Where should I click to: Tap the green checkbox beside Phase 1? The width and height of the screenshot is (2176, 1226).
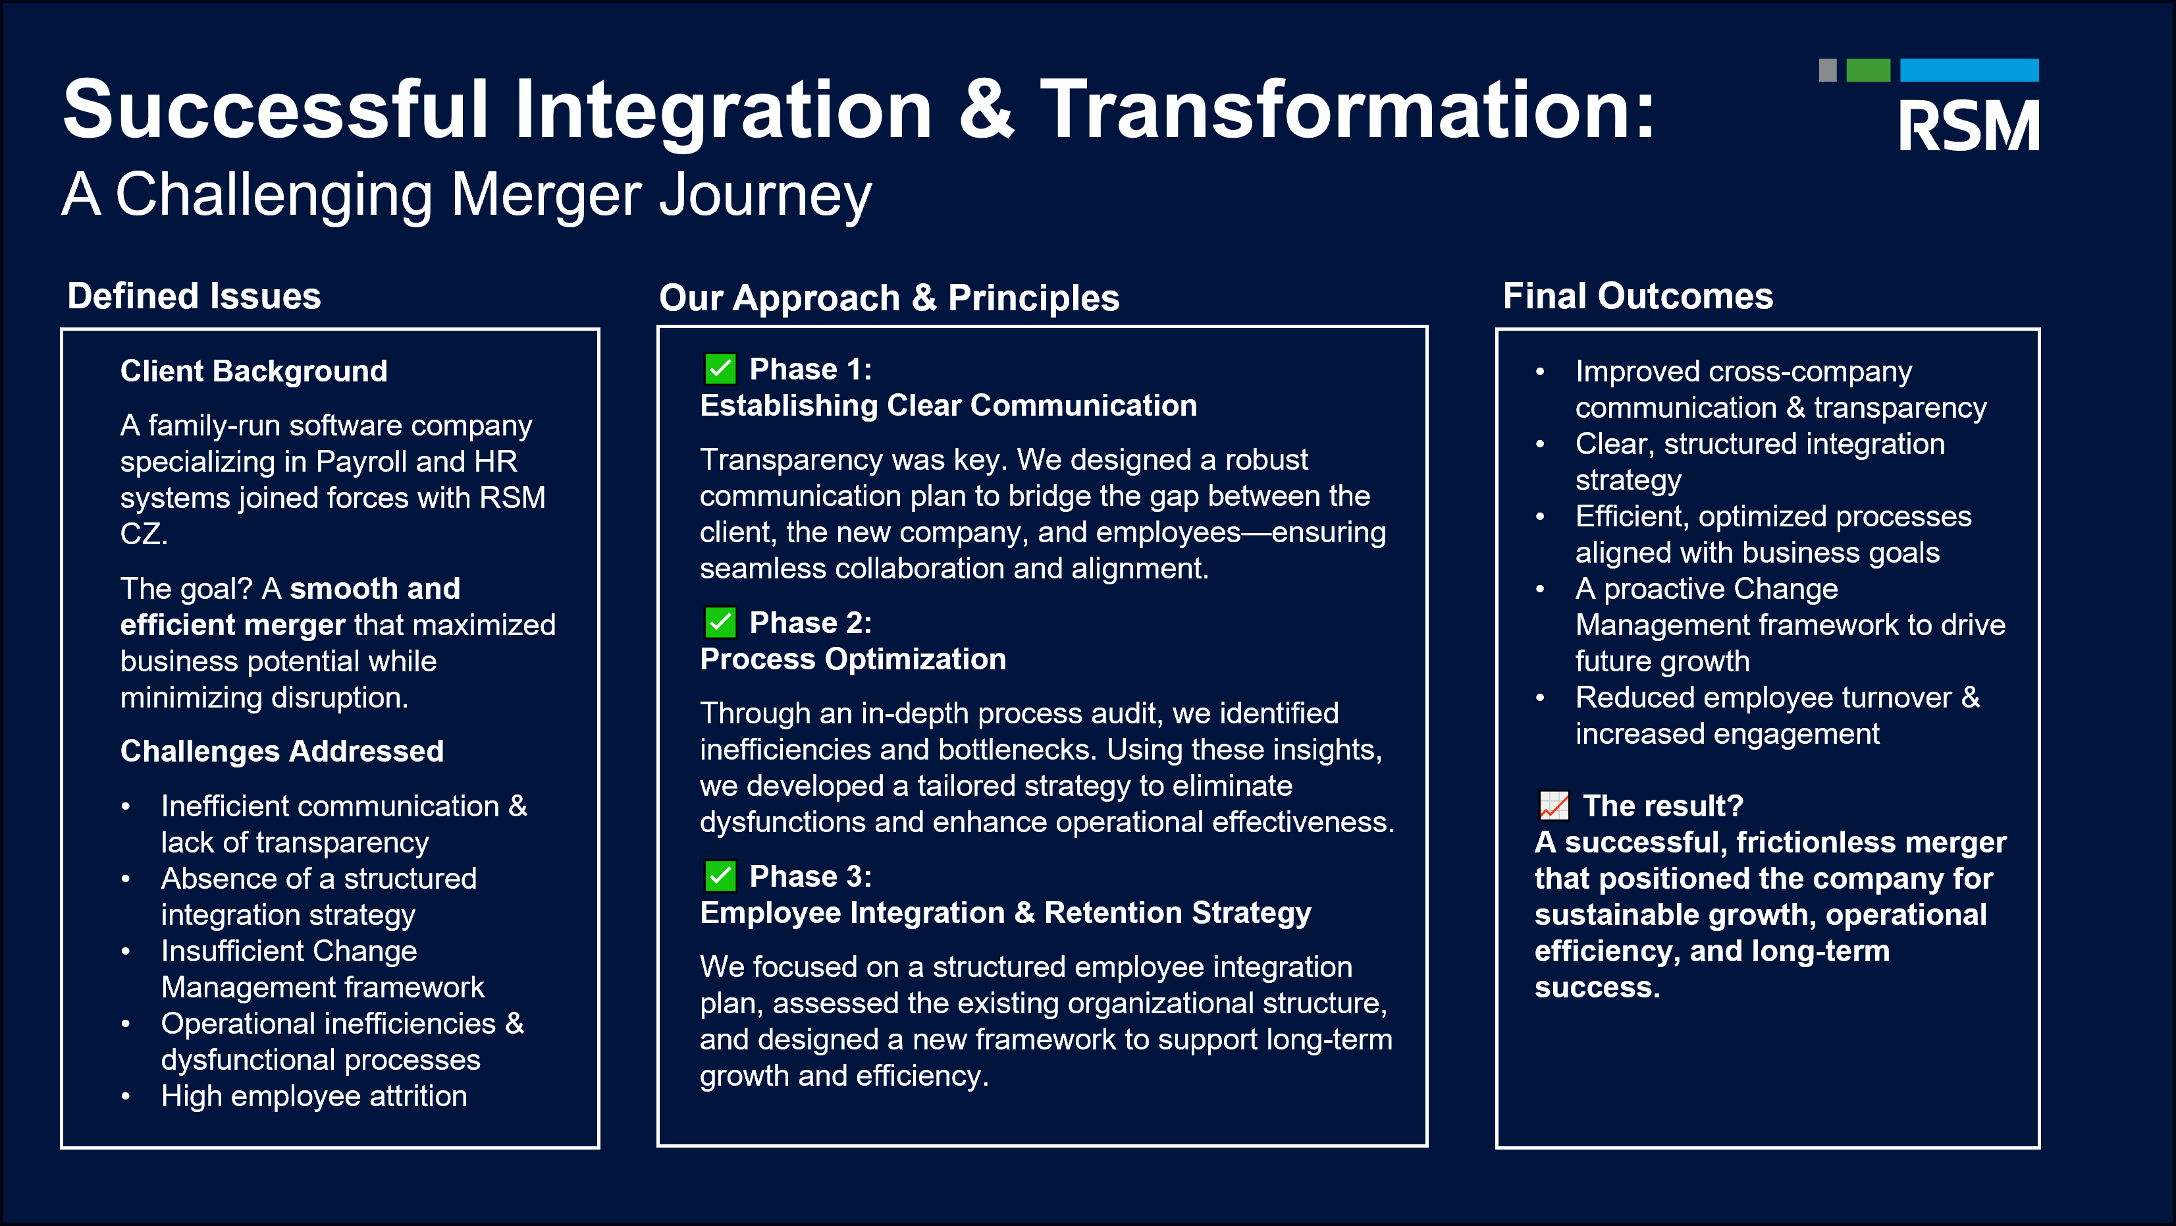720,368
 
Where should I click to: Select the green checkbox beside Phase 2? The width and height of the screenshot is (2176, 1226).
720,623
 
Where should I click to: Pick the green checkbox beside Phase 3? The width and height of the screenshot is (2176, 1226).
720,876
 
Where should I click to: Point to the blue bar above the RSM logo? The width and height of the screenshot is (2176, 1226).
1969,70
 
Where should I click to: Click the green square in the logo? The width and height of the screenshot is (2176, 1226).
1868,70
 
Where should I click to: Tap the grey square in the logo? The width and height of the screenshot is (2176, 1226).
1828,70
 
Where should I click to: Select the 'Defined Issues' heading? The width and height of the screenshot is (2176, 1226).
194,296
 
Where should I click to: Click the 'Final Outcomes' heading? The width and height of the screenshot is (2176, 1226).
1638,296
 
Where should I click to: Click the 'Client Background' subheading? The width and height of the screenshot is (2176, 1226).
253,371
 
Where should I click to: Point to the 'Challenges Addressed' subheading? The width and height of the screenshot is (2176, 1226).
282,751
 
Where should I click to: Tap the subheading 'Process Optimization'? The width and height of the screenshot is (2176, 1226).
853,659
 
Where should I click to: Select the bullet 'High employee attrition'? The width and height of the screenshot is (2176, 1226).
314,1096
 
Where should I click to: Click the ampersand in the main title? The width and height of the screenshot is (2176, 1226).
987,110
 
